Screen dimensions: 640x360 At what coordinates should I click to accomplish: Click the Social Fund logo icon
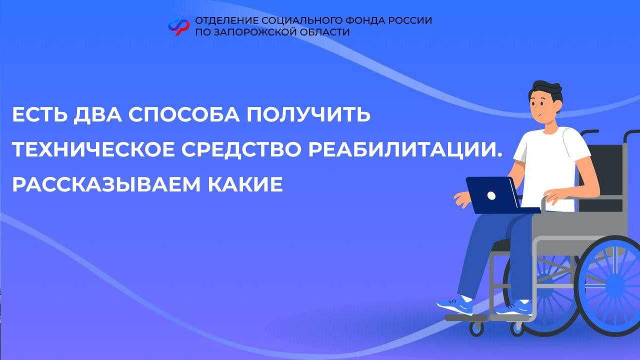[x=178, y=26]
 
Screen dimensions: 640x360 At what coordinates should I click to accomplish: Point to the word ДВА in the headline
[x=97, y=115]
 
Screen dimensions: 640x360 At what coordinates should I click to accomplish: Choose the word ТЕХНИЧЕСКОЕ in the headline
[x=93, y=149]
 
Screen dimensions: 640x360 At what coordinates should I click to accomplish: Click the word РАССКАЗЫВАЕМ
[x=106, y=184]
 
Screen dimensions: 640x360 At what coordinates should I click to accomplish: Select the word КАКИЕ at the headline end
[x=245, y=184]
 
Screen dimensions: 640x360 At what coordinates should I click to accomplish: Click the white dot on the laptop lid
[x=491, y=195]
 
